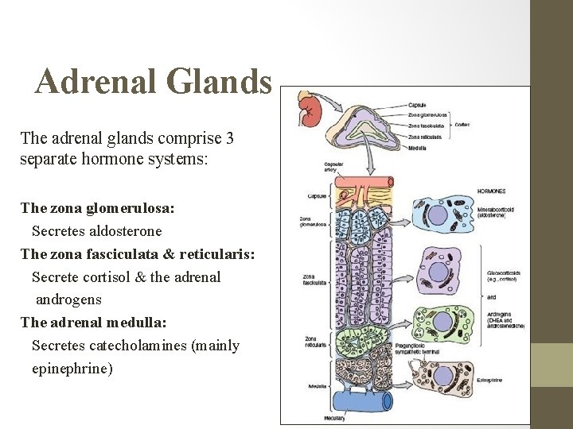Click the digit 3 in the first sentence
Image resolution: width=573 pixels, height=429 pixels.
point(229,138)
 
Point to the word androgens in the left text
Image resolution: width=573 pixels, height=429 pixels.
point(68,300)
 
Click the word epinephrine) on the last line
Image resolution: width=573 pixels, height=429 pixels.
point(72,369)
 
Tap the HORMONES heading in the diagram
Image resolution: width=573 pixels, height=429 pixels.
point(491,191)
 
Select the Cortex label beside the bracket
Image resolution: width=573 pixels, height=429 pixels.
point(461,124)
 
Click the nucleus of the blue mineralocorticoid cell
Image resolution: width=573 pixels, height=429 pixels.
point(439,216)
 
